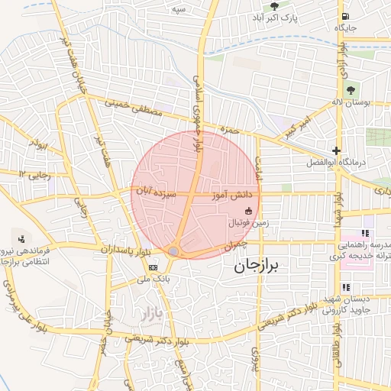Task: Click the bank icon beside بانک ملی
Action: [153, 267]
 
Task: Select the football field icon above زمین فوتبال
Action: [248, 211]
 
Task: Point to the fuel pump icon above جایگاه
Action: [346, 16]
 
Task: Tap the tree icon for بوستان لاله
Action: [351, 90]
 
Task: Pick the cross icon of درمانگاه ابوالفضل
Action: [336, 150]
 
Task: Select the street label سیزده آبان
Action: [157, 195]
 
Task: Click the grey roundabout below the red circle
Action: [174, 252]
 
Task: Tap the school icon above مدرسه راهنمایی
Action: [365, 233]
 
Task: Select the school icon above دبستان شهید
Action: [346, 287]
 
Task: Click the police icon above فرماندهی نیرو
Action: [21, 238]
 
